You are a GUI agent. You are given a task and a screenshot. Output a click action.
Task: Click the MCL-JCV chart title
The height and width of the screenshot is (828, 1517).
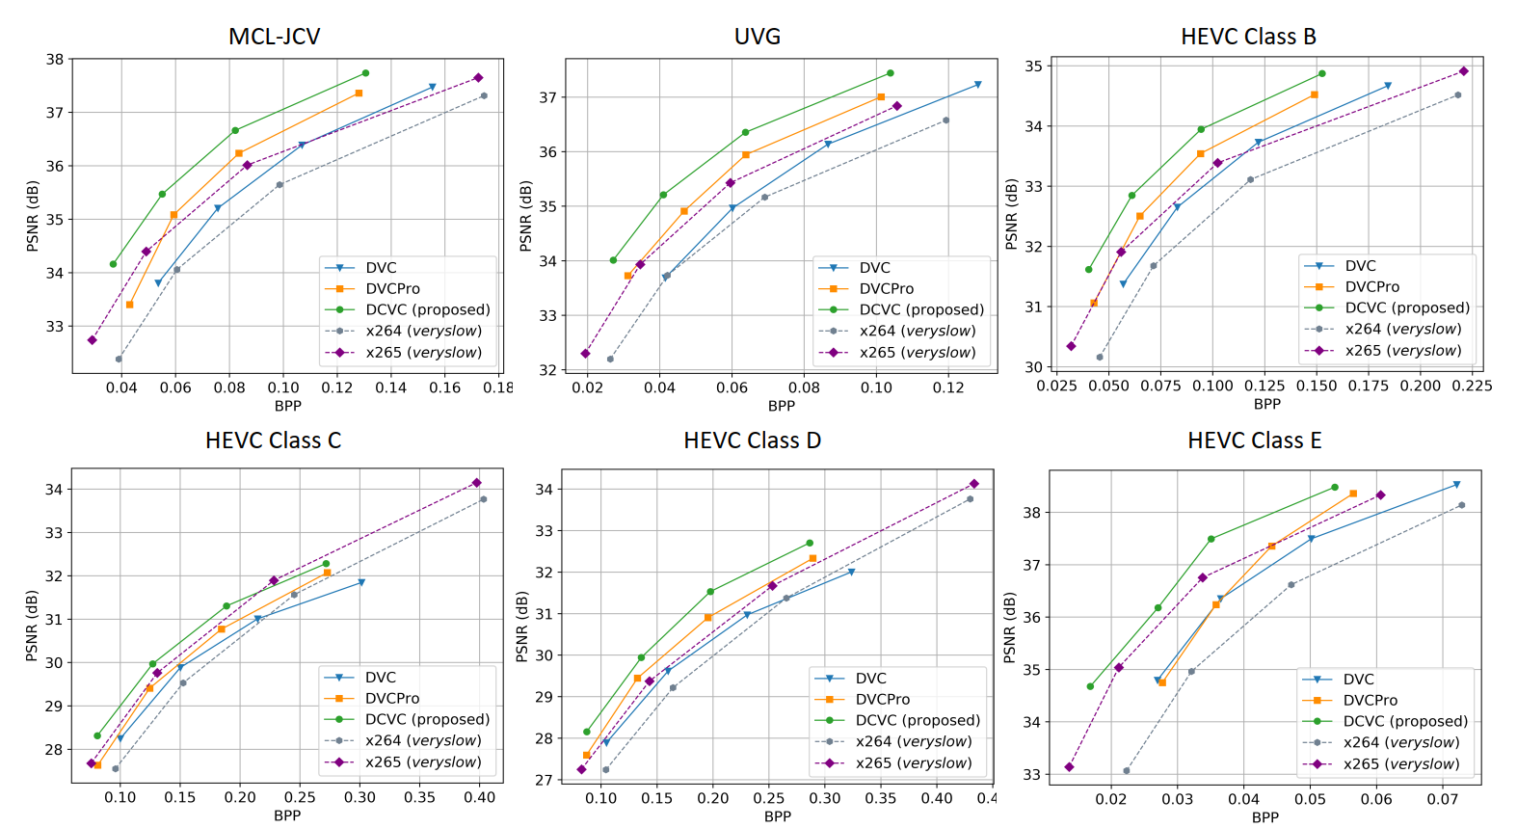pos(274,37)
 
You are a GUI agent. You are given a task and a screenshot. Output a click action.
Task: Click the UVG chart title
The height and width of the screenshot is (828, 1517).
pos(758,37)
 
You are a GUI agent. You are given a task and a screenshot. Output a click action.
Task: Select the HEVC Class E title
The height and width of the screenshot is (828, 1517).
pos(1254,441)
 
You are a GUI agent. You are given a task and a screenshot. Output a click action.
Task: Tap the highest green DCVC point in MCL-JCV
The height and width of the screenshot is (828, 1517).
pos(365,73)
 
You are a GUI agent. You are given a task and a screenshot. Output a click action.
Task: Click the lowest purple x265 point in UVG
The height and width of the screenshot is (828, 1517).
pos(585,354)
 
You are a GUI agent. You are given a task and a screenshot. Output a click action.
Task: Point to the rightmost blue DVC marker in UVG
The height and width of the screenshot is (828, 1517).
pos(978,85)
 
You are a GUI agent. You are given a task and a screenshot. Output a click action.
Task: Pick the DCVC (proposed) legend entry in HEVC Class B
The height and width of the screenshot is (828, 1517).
pos(1406,307)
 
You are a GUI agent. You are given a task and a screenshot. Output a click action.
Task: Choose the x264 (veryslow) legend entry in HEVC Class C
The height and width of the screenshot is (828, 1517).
pos(422,740)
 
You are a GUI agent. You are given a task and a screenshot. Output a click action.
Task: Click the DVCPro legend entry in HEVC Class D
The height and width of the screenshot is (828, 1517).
pos(882,699)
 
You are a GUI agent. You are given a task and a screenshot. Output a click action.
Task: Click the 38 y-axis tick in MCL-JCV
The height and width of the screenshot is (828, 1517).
pos(54,59)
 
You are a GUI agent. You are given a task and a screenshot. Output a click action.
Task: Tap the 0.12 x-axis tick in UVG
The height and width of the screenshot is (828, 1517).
pos(948,387)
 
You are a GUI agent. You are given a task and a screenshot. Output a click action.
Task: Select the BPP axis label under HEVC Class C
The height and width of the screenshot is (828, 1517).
pos(287,815)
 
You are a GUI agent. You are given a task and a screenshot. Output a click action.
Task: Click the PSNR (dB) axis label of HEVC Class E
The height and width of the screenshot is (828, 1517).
pos(1009,628)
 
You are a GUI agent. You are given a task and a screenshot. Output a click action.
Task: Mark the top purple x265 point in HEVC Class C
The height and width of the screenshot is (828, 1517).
pos(476,483)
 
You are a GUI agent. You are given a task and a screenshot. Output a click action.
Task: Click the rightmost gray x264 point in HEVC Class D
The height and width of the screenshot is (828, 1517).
pos(970,498)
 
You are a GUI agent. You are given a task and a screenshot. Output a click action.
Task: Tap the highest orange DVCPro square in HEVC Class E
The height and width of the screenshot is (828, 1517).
pos(1353,494)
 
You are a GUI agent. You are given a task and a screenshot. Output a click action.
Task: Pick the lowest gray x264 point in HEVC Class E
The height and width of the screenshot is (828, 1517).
pos(1127,771)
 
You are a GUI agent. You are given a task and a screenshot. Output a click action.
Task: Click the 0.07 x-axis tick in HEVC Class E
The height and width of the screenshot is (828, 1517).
pos(1442,799)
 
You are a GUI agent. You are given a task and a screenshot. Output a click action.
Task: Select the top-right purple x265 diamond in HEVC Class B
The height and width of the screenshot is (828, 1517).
pos(1464,71)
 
